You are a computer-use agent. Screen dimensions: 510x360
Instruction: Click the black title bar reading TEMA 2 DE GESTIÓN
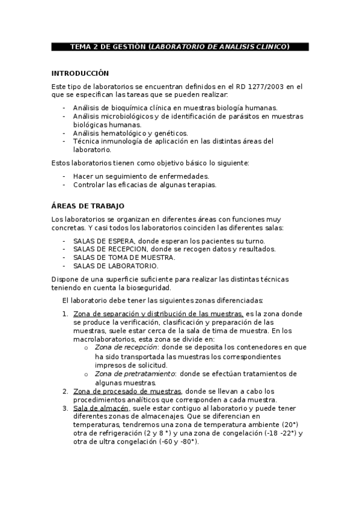click(x=180, y=46)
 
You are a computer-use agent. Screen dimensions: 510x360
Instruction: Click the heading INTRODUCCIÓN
click(x=80, y=73)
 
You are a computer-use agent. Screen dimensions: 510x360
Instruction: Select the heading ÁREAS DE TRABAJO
click(x=88, y=206)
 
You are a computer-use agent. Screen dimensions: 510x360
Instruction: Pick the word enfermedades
click(x=181, y=176)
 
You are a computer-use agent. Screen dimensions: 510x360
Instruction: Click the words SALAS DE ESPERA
click(x=102, y=241)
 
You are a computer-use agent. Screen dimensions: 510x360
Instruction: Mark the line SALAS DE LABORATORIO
click(x=115, y=266)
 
